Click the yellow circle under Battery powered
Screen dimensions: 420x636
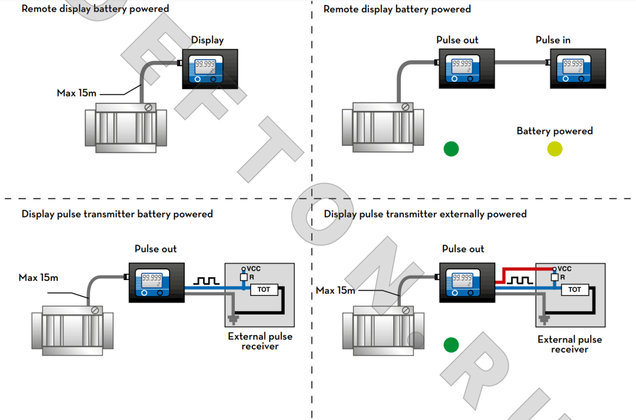pyautogui.click(x=554, y=149)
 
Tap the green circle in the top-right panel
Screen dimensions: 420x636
pyautogui.click(x=451, y=149)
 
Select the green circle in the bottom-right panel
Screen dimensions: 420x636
pyautogui.click(x=451, y=345)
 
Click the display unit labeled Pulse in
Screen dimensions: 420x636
pyautogui.click(x=578, y=68)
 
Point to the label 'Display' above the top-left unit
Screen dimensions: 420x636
pyautogui.click(x=207, y=40)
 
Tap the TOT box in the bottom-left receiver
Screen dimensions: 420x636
pyautogui.click(x=263, y=290)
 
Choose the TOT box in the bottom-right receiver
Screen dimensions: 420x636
pyautogui.click(x=575, y=290)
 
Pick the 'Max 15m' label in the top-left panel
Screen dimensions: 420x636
pyautogui.click(x=77, y=93)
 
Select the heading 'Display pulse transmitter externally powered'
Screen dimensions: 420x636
pyautogui.click(x=425, y=214)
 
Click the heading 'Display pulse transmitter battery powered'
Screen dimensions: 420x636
pyautogui.click(x=117, y=214)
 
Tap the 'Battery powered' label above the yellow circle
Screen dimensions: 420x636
pyautogui.click(x=554, y=131)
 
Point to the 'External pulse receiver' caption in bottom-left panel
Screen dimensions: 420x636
pyautogui.click(x=260, y=341)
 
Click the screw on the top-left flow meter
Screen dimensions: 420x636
pyautogui.click(x=148, y=107)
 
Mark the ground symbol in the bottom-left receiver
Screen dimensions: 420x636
pyautogui.click(x=233, y=319)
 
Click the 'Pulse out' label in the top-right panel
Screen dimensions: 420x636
pyautogui.click(x=457, y=40)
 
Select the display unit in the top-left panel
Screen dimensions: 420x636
pyautogui.click(x=210, y=68)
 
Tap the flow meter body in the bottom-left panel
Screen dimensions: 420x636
pyautogui.click(x=73, y=329)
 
